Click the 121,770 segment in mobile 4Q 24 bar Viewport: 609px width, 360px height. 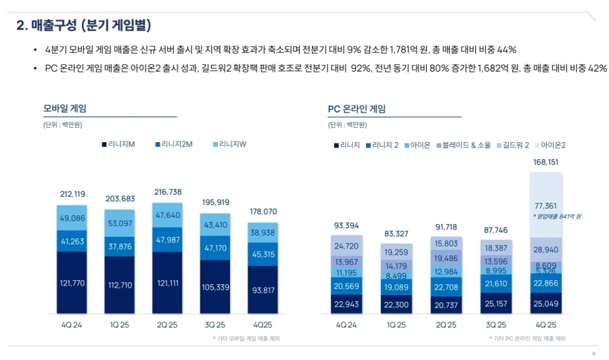(x=72, y=283)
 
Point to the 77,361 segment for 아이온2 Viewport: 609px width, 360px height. (x=545, y=206)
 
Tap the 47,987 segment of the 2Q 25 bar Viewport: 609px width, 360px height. (x=167, y=240)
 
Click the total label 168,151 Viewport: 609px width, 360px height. (x=545, y=162)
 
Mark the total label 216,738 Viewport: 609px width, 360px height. (x=167, y=192)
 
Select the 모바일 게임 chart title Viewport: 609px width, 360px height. (x=65, y=108)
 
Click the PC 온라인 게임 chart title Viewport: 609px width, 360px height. (x=357, y=108)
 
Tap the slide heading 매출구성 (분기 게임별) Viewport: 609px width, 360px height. (x=83, y=26)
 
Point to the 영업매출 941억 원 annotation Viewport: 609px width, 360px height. (x=557, y=216)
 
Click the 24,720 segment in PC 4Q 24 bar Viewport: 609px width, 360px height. (x=346, y=246)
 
